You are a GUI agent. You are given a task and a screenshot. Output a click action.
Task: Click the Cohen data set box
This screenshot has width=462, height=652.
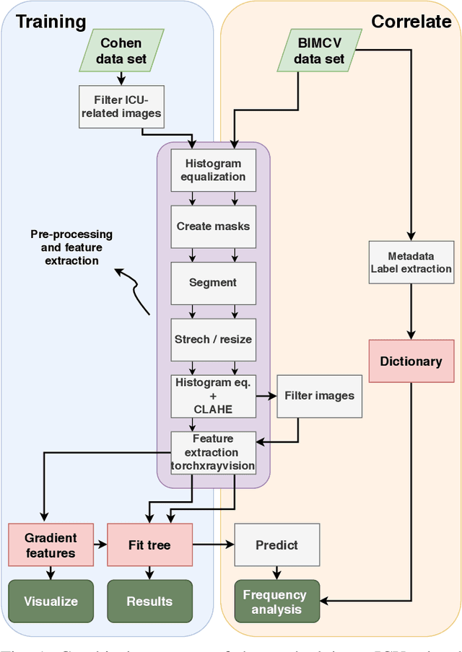121,50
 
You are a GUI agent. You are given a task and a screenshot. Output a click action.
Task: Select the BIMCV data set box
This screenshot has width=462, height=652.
319,50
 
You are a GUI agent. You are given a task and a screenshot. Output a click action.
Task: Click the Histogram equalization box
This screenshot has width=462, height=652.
213,170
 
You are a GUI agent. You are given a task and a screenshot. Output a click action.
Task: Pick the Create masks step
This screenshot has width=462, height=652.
213,226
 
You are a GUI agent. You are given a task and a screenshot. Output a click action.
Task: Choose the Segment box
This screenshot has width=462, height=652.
213,283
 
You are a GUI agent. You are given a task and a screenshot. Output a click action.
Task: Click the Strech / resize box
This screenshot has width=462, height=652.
213,339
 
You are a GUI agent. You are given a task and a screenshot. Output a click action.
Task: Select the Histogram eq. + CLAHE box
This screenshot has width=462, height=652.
213,396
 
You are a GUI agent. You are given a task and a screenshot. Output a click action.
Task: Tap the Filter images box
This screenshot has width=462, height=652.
319,395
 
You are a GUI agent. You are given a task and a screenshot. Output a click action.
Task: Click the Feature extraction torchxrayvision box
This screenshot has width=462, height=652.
213,453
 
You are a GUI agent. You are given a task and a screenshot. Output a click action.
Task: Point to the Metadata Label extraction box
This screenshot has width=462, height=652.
411,263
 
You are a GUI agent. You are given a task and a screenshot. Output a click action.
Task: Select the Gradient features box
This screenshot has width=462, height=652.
51,545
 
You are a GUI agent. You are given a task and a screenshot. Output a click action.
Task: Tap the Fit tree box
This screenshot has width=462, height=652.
149,545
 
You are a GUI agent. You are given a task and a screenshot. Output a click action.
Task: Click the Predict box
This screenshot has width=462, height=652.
276,545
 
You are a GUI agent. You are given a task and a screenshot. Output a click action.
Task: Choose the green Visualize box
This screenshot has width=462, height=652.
51,601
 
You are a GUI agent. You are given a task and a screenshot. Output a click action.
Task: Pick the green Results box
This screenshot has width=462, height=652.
149,601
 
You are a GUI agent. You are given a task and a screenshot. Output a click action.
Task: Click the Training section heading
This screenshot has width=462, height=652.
51,22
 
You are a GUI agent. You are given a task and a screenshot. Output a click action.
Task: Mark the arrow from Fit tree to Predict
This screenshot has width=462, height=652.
213,545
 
